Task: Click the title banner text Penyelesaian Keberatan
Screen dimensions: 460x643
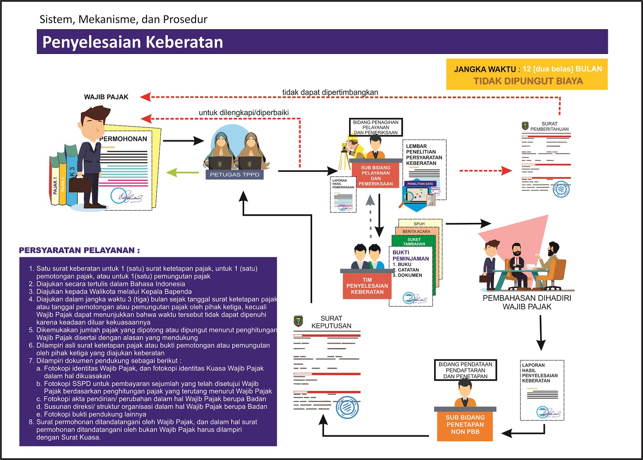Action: click(x=133, y=42)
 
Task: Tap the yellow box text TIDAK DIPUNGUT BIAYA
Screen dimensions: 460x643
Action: click(x=528, y=81)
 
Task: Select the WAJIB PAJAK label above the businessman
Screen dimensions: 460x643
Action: click(x=106, y=97)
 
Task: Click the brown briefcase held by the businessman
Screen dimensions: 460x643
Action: click(x=80, y=184)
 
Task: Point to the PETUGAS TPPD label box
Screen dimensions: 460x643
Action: click(x=234, y=174)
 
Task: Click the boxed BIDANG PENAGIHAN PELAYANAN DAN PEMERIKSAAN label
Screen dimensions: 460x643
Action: click(x=376, y=127)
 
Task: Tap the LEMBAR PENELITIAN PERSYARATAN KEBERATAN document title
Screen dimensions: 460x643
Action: click(x=424, y=155)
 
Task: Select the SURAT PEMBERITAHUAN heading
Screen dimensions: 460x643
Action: click(x=549, y=127)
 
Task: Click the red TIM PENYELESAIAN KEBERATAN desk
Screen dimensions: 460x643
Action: click(x=367, y=286)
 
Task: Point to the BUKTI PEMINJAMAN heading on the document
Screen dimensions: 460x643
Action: click(x=410, y=255)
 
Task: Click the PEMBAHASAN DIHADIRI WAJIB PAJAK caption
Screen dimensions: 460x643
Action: click(x=527, y=302)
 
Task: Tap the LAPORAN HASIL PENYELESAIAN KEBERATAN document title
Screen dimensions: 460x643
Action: click(x=539, y=373)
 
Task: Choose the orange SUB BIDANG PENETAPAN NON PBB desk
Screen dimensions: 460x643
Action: click(x=465, y=425)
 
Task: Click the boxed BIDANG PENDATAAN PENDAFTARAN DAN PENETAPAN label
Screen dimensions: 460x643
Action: click(x=465, y=370)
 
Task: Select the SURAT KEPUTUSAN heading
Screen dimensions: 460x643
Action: click(x=331, y=322)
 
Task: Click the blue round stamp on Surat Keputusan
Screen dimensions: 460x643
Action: click(x=347, y=407)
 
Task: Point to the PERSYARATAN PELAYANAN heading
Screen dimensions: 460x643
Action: click(x=79, y=250)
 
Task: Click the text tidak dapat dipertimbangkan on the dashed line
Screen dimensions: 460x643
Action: click(x=330, y=92)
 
